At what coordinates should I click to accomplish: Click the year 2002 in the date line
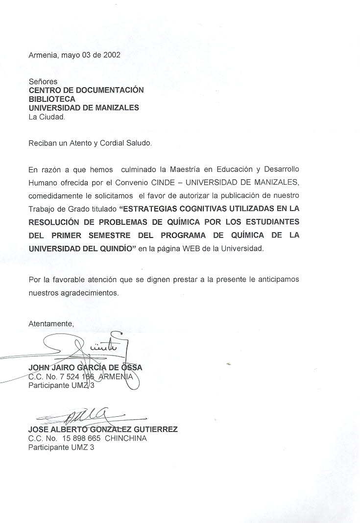click(111, 55)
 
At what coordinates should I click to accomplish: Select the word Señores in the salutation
click(43, 81)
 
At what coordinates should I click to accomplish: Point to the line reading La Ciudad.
click(46, 117)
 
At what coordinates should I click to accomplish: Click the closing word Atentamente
click(51, 324)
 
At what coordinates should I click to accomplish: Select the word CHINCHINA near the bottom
click(126, 438)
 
